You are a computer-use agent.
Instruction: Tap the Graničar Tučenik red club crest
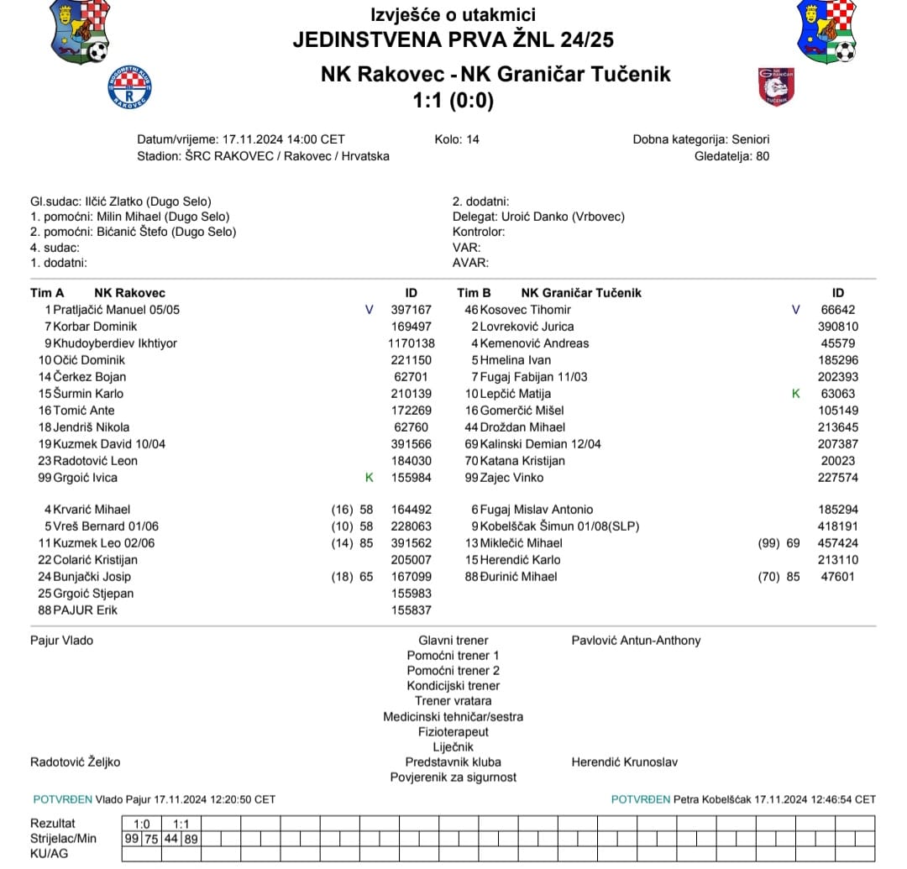[776, 86]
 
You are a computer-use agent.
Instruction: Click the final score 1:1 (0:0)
[453, 101]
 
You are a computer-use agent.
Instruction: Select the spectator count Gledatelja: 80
[731, 156]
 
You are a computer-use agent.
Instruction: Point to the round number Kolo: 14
[457, 139]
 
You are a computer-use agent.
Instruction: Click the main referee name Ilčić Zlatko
[116, 202]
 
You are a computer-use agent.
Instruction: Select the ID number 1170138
[411, 343]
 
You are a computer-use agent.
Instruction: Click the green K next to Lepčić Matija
[796, 394]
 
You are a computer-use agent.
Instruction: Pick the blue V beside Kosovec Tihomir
[796, 310]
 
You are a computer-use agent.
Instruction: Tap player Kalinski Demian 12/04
[540, 444]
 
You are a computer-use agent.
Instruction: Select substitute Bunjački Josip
[92, 577]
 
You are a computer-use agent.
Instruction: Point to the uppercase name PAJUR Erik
[85, 610]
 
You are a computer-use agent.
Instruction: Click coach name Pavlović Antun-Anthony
[636, 641]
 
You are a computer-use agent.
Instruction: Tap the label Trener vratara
[453, 701]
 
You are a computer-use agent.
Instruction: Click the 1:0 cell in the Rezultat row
[142, 823]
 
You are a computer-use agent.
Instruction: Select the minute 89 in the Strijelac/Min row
[191, 838]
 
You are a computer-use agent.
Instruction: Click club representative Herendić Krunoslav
[624, 762]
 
